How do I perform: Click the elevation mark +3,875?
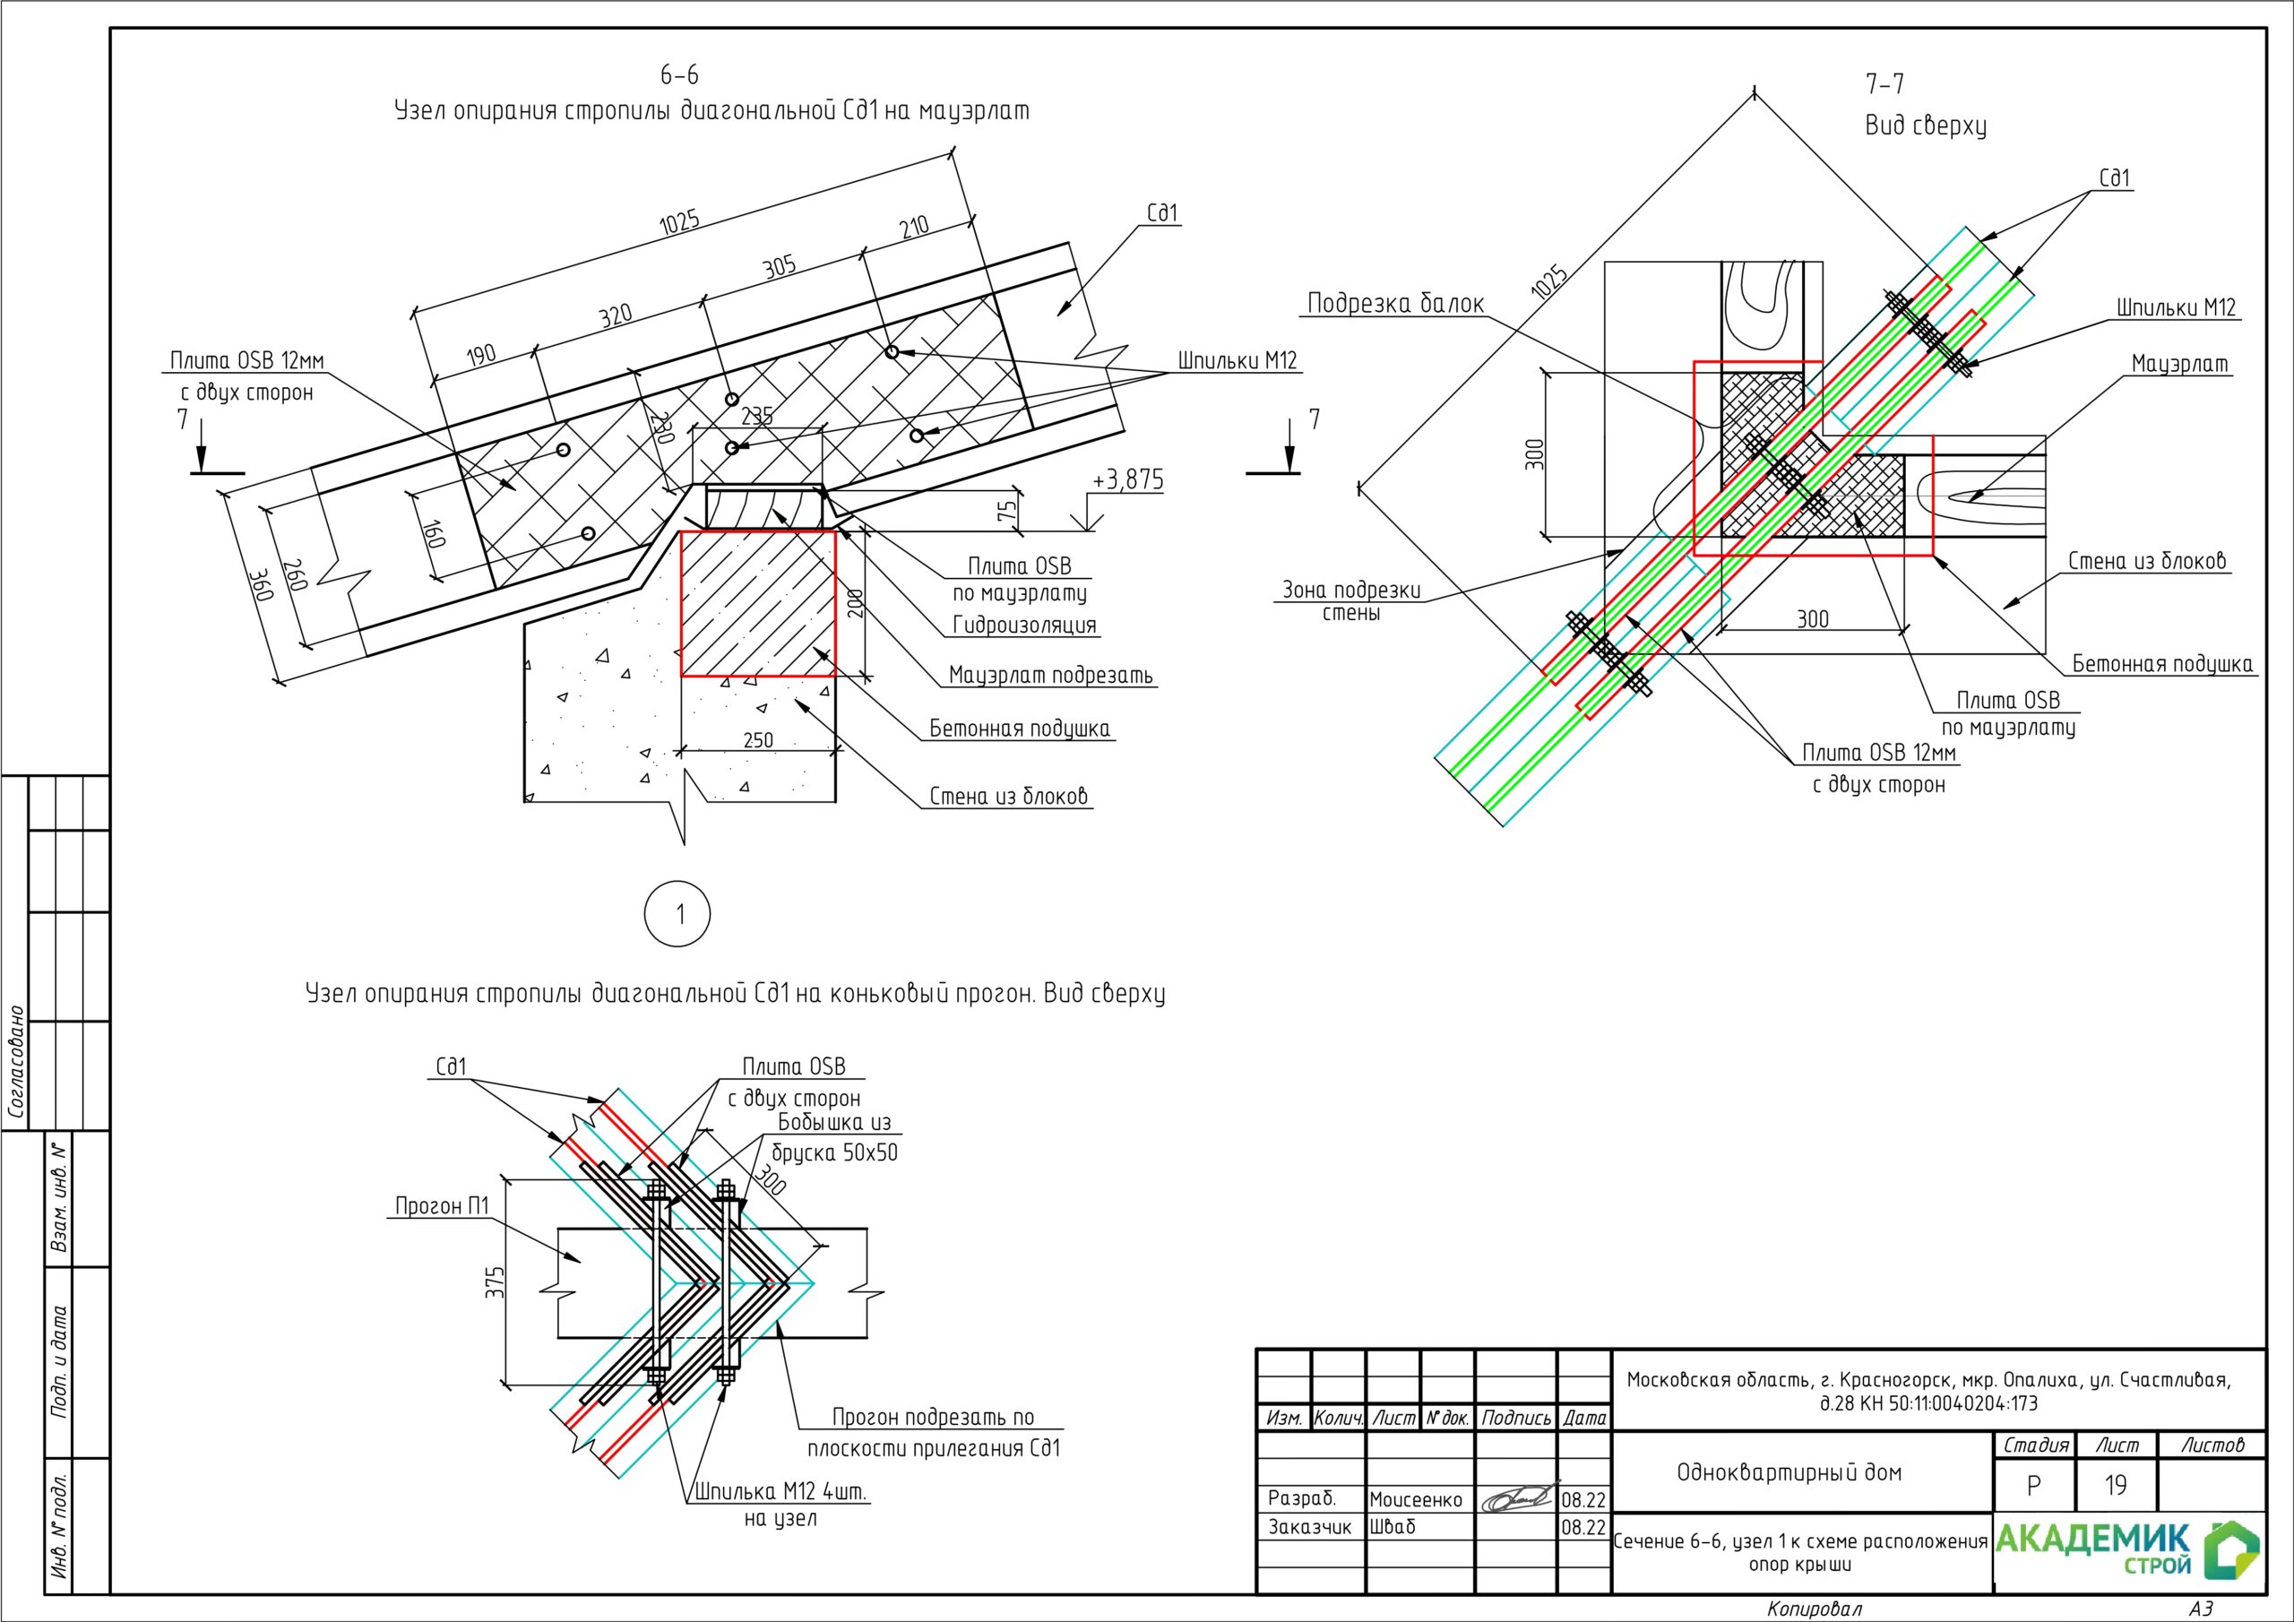click(1128, 480)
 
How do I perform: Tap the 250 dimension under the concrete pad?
click(758, 740)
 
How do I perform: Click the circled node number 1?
click(678, 913)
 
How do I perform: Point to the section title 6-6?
click(678, 75)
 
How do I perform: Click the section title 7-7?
click(1884, 84)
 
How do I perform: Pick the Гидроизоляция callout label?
click(1024, 626)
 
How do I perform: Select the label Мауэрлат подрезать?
click(1050, 676)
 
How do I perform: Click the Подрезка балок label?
click(1396, 304)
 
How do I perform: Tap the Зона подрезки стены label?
click(1352, 601)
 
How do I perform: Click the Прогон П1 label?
click(442, 1206)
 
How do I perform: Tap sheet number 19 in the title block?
click(2117, 1486)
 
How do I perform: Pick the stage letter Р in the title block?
click(2033, 1486)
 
